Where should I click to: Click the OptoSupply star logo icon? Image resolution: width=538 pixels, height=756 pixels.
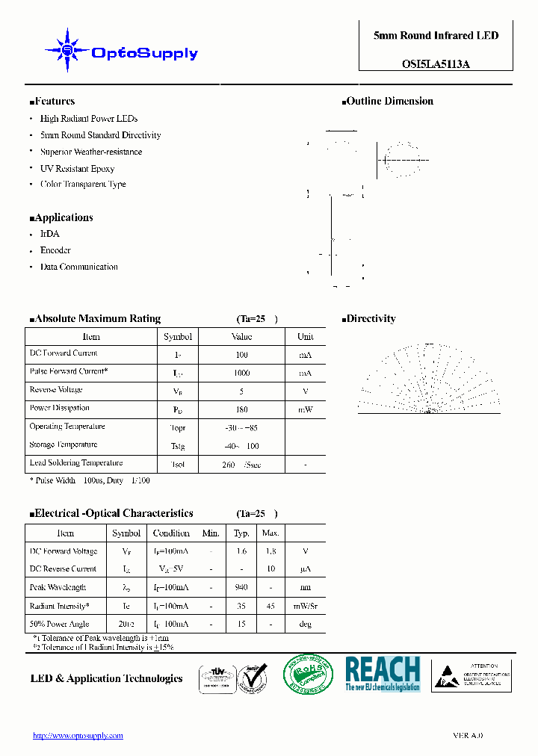pos(67,50)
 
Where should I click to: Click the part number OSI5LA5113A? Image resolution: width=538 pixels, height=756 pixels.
pos(436,64)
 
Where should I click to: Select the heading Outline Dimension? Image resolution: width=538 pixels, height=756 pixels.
pos(389,101)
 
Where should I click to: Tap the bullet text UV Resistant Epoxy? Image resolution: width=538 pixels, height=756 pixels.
pos(77,168)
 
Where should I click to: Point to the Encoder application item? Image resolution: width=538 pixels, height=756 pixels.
pos(55,250)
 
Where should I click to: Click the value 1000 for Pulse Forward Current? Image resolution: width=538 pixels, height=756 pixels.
pos(241,372)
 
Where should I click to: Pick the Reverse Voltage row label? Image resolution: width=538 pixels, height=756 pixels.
pos(56,390)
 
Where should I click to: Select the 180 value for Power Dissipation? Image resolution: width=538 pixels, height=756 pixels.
pos(241,409)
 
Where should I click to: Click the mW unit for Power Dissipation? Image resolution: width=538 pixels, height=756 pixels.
pos(305,409)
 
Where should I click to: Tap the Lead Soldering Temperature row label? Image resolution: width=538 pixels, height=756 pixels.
pos(75,463)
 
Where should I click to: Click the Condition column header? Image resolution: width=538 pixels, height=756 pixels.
pos(171,533)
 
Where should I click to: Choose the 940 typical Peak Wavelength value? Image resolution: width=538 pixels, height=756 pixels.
pos(241,587)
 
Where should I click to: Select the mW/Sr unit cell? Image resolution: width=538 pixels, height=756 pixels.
pos(305,606)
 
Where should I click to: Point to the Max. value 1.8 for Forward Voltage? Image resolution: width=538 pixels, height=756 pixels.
pos(270,551)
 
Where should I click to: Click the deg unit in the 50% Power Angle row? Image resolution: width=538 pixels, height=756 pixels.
pos(305,624)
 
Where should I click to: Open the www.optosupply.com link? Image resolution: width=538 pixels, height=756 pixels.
pos(78,736)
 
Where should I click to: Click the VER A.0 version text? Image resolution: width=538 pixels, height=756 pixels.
pos(468,736)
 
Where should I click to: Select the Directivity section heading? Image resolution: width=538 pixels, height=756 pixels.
pos(371,319)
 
